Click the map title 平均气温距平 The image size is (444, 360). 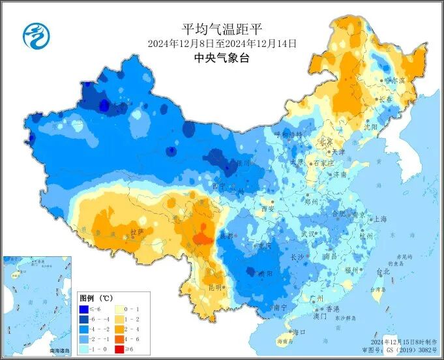222,28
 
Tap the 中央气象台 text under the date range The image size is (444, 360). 222,58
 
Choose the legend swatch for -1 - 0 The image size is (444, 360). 84,350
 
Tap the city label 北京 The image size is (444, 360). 325,142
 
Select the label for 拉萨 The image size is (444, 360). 136,232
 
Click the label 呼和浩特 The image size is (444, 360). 288,134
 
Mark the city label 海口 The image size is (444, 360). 299,332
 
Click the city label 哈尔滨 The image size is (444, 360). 394,80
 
